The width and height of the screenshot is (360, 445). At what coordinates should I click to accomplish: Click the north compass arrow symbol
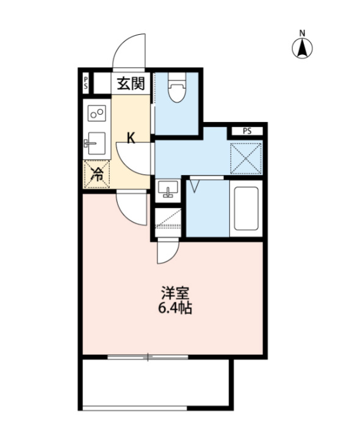pos(301,49)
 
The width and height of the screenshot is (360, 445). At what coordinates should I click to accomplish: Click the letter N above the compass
pos(301,33)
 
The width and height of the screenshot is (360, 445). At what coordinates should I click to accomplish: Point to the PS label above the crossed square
pos(247,130)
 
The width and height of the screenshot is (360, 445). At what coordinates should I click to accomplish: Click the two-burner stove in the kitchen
pos(97,113)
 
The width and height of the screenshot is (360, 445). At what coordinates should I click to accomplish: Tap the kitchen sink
pos(95,144)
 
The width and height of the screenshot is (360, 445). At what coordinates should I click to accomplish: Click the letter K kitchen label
pos(131,137)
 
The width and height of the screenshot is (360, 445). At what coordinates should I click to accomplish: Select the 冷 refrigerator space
pos(96,174)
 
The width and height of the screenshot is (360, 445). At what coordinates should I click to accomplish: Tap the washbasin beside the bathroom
pos(166,191)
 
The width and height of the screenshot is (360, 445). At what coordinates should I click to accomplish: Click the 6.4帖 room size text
pos(175,308)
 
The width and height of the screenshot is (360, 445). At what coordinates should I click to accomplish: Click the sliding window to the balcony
pos(147,357)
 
